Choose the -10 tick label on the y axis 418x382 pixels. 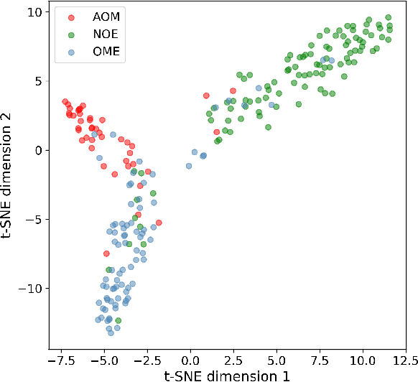click(x=29, y=289)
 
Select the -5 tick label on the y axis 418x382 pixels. click(x=32, y=220)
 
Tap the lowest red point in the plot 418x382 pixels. click(x=106, y=253)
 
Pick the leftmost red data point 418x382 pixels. click(x=65, y=102)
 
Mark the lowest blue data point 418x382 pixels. click(x=111, y=332)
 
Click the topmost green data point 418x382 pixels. click(x=388, y=17)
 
